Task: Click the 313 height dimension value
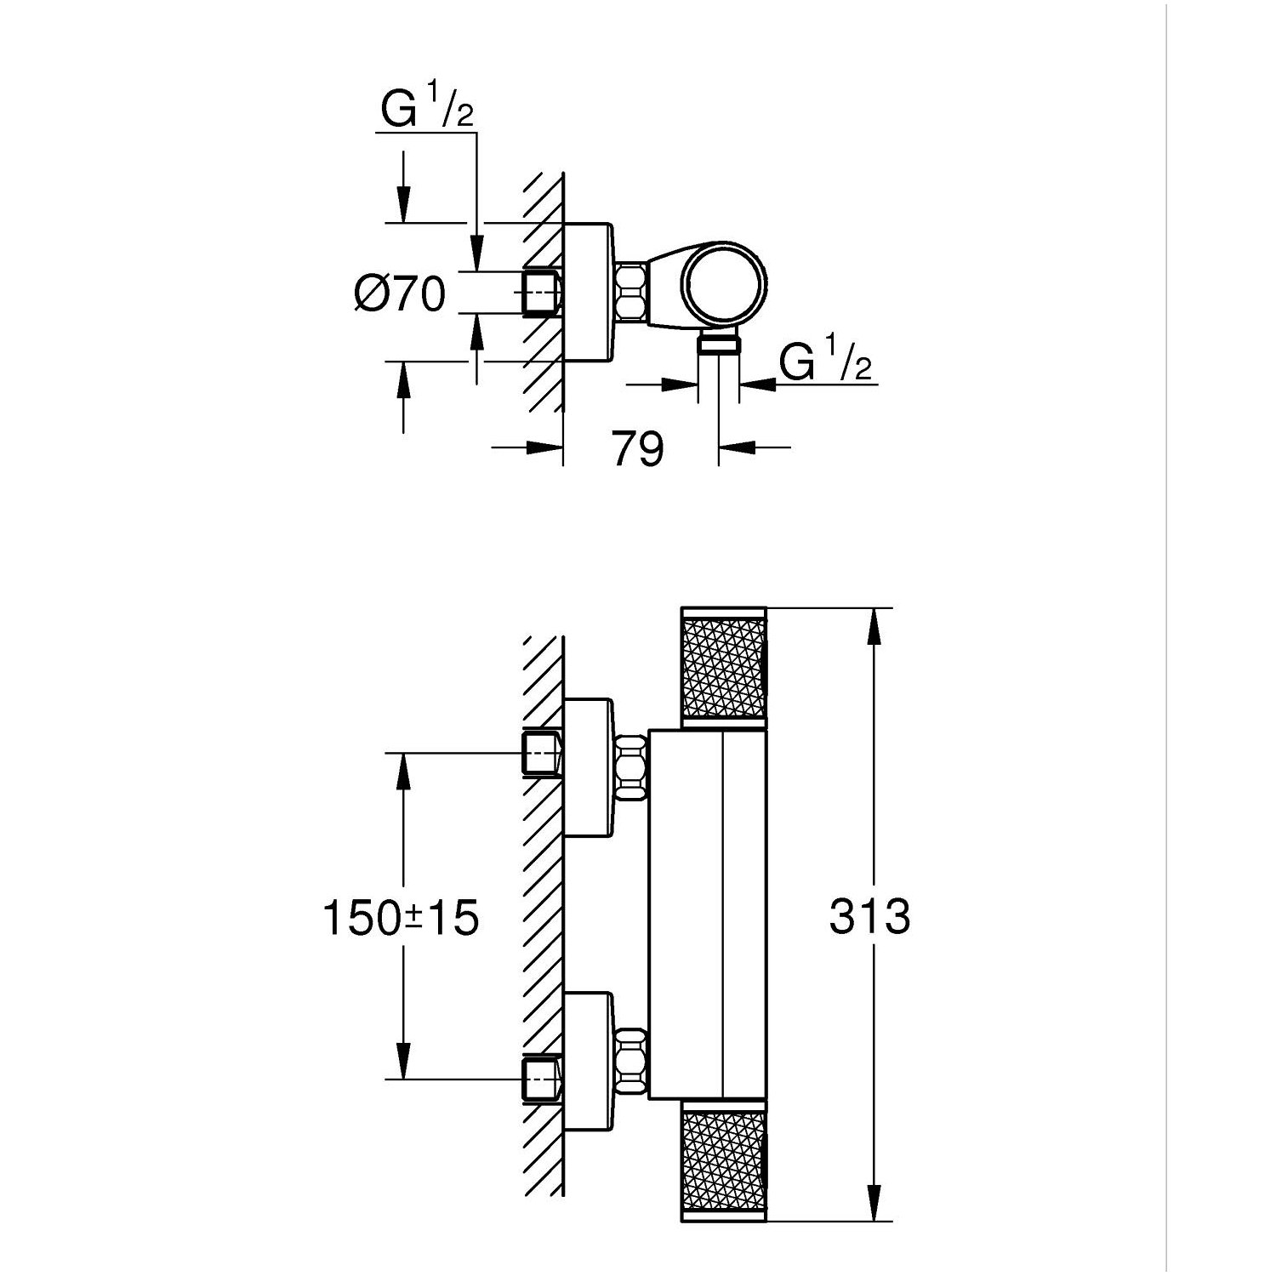point(869,917)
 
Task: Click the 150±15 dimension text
point(401,918)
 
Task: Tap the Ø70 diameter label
point(400,294)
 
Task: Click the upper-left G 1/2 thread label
point(427,111)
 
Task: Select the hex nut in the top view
point(630,292)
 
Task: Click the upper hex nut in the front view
point(629,767)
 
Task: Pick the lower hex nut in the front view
point(629,1062)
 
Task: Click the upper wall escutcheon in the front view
point(588,767)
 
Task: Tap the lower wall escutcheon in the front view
point(588,1062)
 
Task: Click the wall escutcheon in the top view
point(588,292)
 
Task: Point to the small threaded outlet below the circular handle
point(719,343)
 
